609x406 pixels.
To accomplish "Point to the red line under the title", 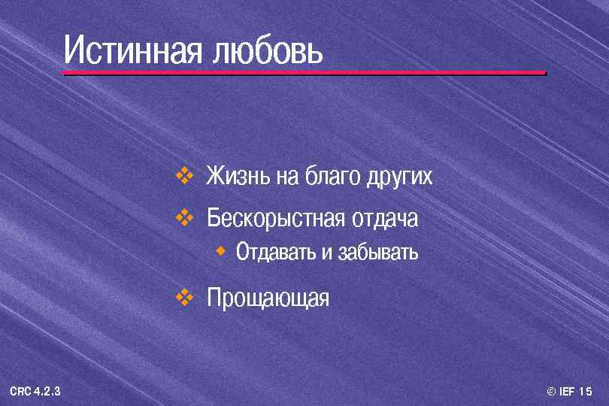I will coord(304,73).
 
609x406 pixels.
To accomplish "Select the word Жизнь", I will coord(238,177).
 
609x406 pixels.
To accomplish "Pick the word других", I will coord(399,178).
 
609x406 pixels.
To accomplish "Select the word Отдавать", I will coord(276,252).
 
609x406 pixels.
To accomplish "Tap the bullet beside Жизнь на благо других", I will coord(185,176).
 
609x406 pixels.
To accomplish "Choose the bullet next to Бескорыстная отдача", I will coord(185,218).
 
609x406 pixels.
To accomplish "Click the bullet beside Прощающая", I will coord(185,297).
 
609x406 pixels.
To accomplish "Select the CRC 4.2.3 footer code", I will coord(35,392).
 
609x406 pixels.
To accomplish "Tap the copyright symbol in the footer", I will coord(551,392).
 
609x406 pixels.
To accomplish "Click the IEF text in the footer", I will coord(568,392).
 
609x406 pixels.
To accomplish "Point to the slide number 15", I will coord(587,392).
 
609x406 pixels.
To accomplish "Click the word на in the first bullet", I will coord(287,177).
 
